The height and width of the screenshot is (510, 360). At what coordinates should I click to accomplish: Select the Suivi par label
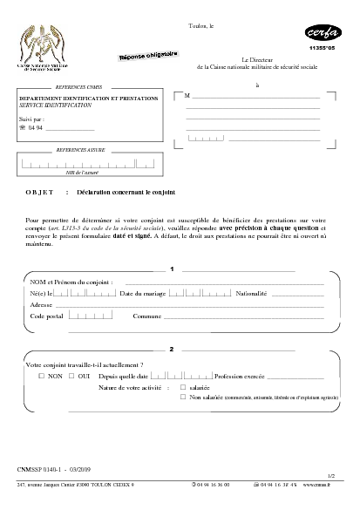[x=31, y=117]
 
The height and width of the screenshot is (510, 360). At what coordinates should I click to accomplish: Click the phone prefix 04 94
[x=35, y=128]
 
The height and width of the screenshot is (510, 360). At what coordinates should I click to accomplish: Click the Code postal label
[x=49, y=316]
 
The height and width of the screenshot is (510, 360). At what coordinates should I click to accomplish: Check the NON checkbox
[x=40, y=376]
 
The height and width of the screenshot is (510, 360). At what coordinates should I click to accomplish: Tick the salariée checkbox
[x=182, y=386]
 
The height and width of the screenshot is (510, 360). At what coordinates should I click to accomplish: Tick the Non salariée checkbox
[x=182, y=397]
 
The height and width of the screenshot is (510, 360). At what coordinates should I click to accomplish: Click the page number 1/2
[x=330, y=476]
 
